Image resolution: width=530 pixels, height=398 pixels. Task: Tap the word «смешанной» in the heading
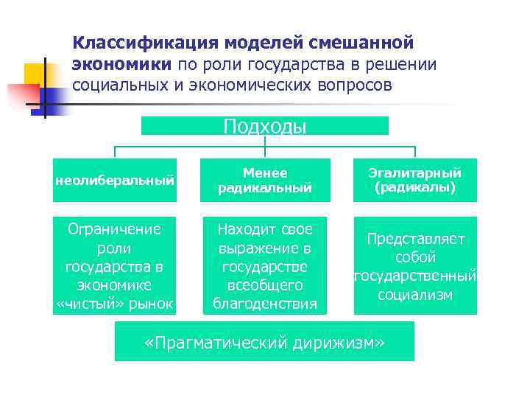click(371, 43)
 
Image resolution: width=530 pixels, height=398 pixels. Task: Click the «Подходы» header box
click(264, 127)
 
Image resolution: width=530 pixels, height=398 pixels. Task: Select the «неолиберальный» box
click(115, 180)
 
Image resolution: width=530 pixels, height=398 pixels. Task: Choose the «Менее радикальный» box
click(264, 180)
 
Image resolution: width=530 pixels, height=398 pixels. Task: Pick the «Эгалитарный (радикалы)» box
click(415, 180)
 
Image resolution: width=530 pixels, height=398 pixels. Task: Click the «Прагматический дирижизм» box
click(264, 343)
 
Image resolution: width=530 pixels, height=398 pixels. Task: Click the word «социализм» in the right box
click(415, 295)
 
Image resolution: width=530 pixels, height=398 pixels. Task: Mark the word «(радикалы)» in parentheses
click(415, 187)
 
